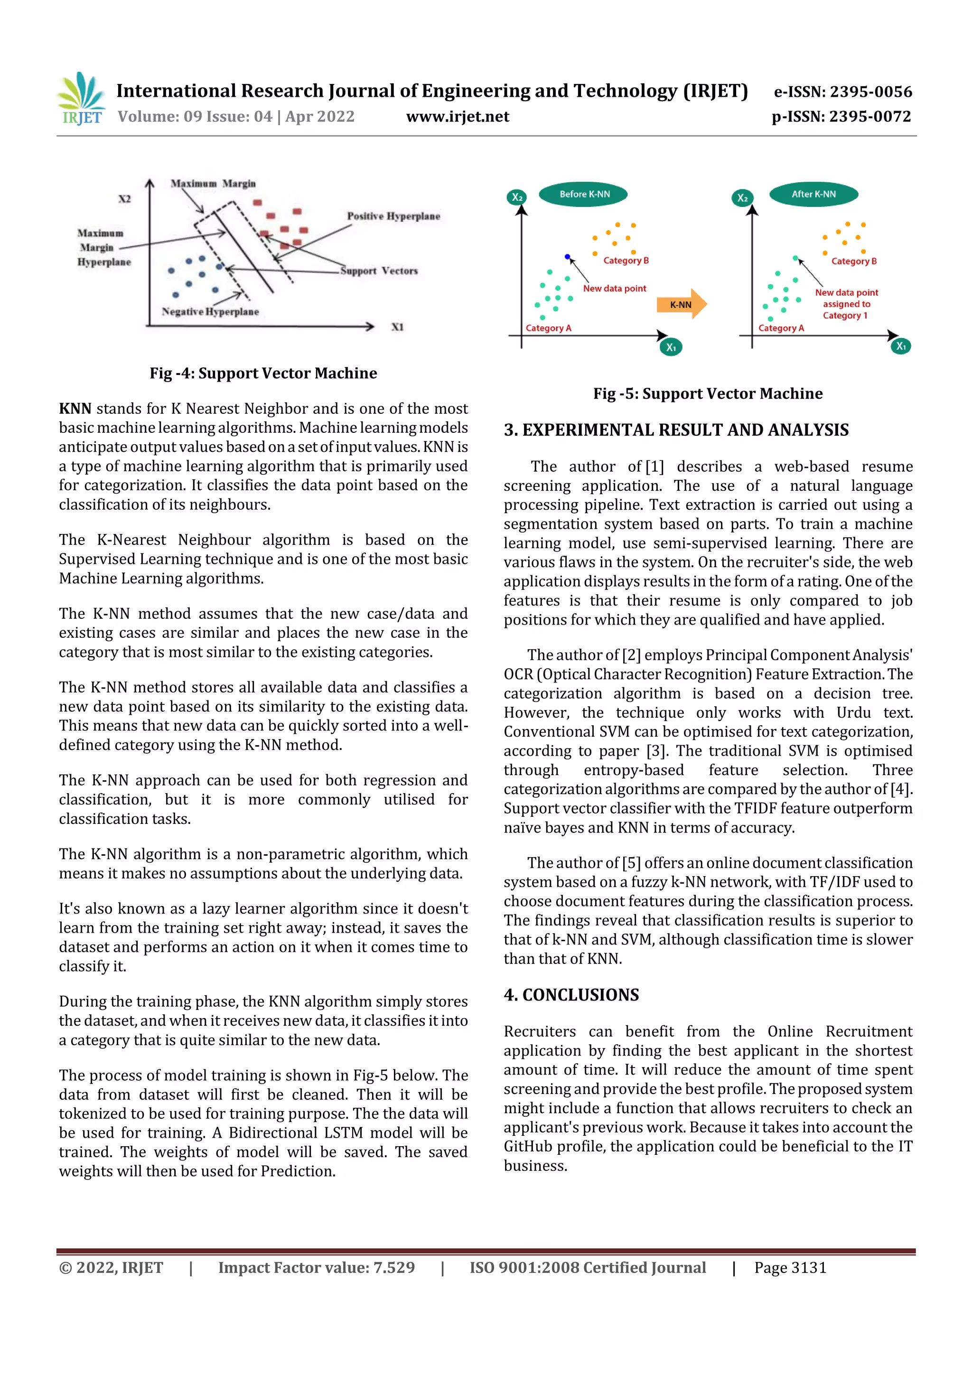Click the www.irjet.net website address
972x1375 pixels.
458,117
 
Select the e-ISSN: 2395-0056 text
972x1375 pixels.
842,92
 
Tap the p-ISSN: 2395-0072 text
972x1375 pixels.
841,117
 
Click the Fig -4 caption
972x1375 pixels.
263,373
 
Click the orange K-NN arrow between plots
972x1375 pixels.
682,304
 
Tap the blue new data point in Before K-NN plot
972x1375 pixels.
567,256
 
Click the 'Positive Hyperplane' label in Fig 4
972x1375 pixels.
393,216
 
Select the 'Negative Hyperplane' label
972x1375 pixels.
210,311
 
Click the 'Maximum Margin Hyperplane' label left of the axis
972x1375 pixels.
103,247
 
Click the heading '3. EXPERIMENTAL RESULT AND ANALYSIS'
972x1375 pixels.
675,430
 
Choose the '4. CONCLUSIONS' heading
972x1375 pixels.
571,995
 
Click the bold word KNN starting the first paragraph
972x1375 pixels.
75,409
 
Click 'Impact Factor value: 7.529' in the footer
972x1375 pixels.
316,1267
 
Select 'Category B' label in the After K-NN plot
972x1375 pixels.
853,261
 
